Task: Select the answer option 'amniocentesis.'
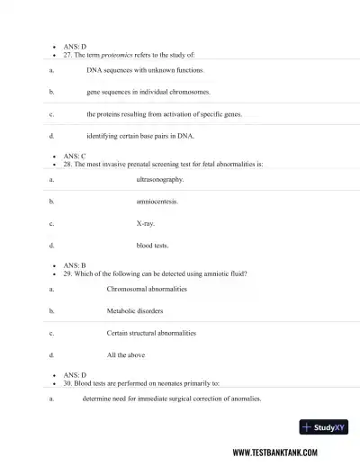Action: click(157, 202)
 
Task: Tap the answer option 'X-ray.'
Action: click(145, 223)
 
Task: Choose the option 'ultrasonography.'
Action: click(159, 180)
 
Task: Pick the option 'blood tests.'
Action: click(152, 245)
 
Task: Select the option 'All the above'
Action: click(126, 354)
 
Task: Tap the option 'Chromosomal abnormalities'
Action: click(147, 289)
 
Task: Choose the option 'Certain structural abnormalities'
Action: click(151, 333)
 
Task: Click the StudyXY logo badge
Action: click(323, 427)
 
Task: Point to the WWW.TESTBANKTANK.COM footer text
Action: click(287, 453)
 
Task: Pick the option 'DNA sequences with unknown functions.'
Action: click(145, 69)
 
